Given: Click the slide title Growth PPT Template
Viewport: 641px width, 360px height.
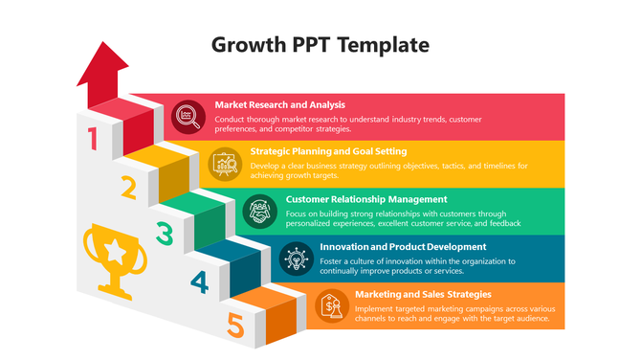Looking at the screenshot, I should (320, 44).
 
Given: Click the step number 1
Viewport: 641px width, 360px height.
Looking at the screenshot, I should (93, 140).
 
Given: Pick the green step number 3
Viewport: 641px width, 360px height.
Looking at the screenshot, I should (164, 233).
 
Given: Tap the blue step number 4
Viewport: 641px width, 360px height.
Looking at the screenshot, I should (199, 281).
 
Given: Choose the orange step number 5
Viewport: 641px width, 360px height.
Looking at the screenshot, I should (235, 326).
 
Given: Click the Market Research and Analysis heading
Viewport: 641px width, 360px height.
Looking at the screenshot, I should (280, 104).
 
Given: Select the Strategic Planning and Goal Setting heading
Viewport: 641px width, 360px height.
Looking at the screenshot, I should (328, 150).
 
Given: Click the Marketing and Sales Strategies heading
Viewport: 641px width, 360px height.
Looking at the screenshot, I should (423, 294).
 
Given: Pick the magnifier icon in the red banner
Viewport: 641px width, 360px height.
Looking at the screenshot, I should (188, 117).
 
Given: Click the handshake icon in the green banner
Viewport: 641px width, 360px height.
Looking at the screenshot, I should (259, 211).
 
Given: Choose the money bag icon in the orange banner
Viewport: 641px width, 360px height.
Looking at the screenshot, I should (332, 305).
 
